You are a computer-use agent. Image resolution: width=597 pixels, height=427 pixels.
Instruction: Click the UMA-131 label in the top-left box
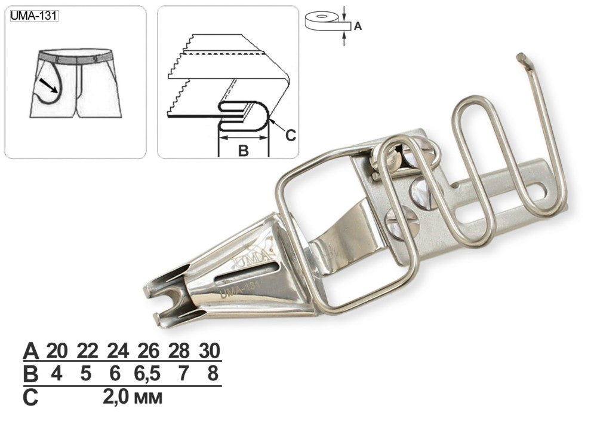34,16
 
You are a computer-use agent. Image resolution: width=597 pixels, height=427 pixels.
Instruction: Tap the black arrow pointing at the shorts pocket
48,86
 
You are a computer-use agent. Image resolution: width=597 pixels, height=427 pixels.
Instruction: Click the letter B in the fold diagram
244,151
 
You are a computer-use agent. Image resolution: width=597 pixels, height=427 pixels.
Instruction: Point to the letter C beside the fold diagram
291,135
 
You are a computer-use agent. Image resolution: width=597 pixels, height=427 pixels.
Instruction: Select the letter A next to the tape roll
358,26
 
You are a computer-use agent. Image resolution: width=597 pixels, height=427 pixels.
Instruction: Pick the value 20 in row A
57,350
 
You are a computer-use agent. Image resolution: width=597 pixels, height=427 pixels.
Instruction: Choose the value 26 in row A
148,350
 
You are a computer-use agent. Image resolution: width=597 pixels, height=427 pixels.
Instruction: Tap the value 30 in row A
210,350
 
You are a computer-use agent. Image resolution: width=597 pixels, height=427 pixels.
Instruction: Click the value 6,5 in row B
147,374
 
